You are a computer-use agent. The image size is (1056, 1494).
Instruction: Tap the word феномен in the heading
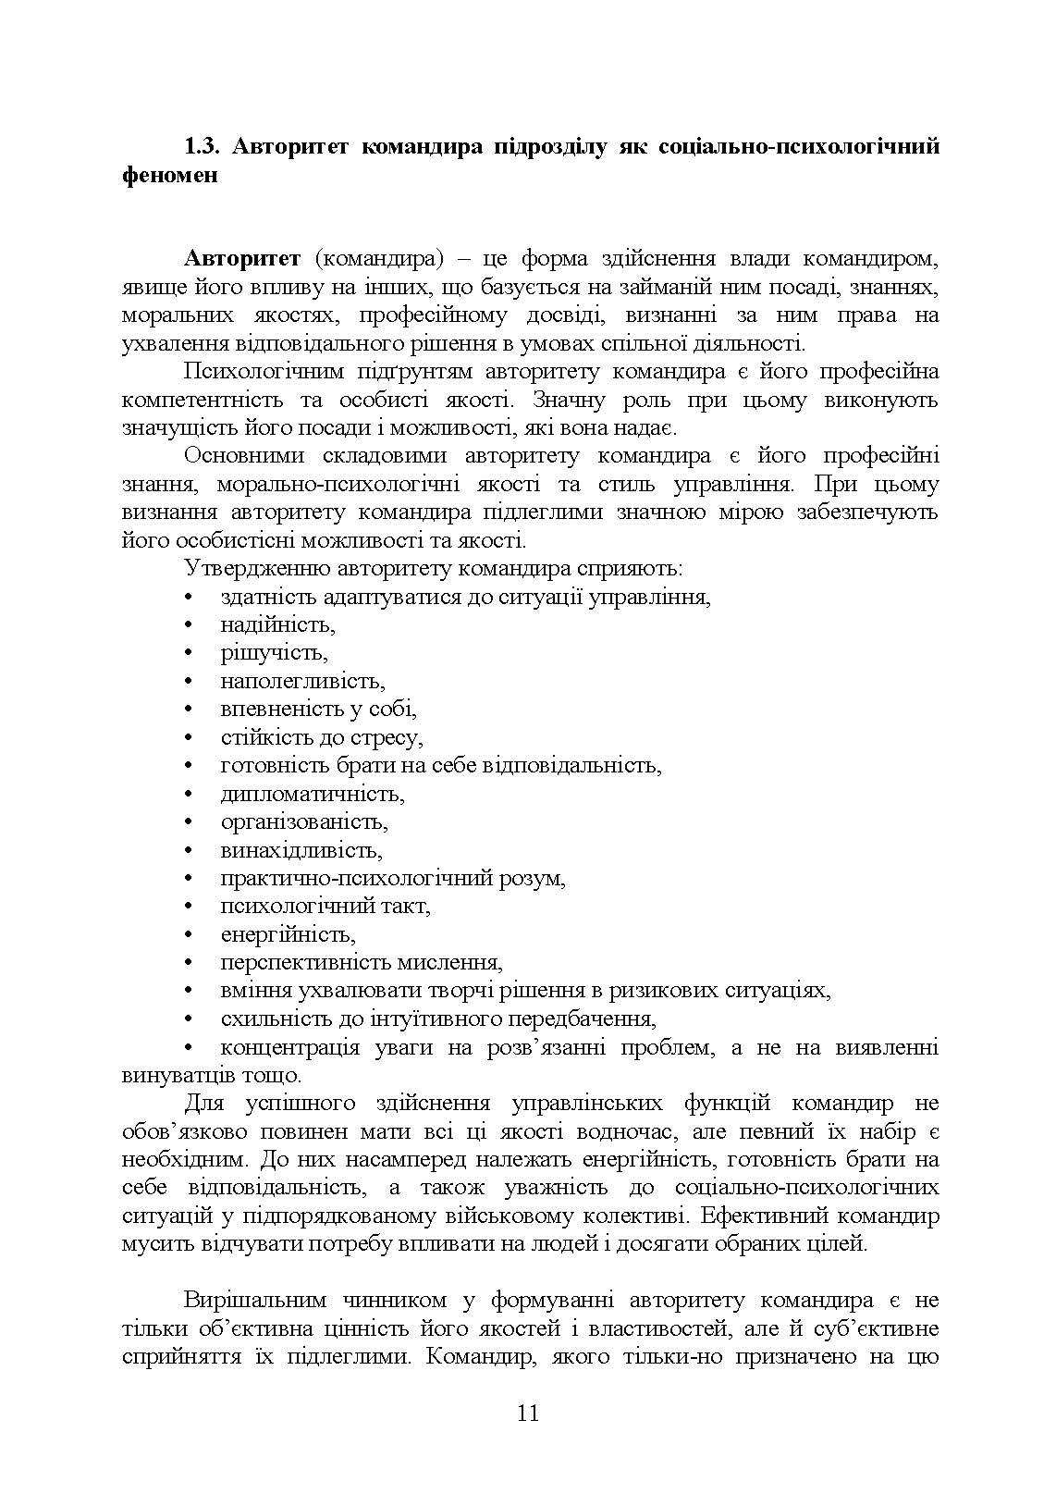point(169,174)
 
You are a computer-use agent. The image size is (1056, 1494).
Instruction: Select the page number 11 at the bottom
point(528,1413)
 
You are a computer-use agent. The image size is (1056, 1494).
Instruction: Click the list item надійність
point(277,624)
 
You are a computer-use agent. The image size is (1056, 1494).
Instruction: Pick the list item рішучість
point(274,652)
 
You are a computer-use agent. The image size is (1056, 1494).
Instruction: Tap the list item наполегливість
point(302,681)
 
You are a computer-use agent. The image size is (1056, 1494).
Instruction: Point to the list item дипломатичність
point(312,794)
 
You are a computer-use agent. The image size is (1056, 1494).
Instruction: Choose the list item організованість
point(304,821)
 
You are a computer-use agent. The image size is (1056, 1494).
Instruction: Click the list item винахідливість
point(301,849)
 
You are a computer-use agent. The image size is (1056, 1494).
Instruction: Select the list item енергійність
point(288,934)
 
